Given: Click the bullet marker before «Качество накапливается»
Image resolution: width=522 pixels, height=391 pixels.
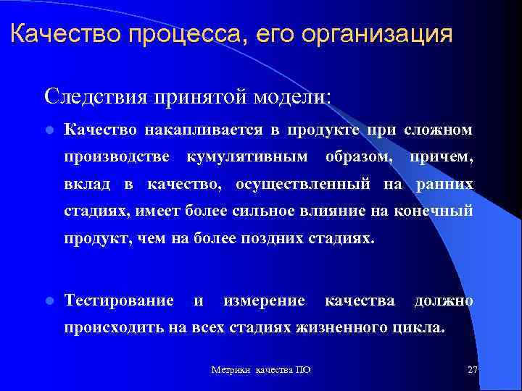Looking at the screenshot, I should click(x=48, y=130).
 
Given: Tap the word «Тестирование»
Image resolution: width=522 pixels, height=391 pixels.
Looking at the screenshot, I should click(x=119, y=300).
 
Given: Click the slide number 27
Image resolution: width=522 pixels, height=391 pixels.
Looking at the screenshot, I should click(x=473, y=369).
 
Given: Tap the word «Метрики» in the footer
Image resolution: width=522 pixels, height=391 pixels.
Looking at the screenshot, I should click(x=228, y=370).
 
